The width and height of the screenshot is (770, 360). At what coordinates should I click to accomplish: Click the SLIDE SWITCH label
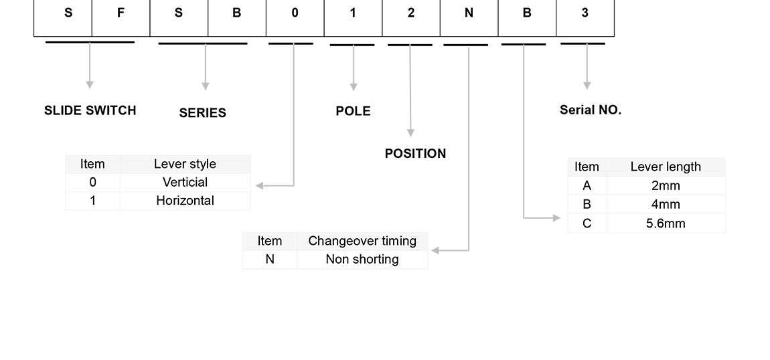[x=90, y=110]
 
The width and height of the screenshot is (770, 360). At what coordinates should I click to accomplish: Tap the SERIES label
[x=202, y=113]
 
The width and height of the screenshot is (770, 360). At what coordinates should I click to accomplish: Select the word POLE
[x=353, y=111]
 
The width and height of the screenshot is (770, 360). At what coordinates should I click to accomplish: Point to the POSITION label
[x=415, y=153]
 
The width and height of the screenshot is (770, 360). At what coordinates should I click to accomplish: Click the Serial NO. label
[x=591, y=110]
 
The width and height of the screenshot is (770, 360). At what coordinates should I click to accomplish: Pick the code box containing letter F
[x=121, y=13]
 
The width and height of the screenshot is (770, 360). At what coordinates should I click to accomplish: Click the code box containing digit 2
[x=411, y=13]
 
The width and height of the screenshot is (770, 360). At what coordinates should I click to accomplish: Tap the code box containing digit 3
[x=585, y=13]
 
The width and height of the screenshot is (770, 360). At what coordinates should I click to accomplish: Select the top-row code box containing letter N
[x=469, y=13]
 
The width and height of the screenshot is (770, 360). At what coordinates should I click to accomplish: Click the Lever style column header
[x=185, y=164]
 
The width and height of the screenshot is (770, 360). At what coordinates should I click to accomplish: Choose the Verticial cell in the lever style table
[x=185, y=182]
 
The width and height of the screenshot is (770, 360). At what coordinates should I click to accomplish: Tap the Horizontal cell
[x=185, y=200]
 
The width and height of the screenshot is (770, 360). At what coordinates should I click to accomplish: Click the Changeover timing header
[x=362, y=241]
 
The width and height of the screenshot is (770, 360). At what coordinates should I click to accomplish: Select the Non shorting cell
[x=362, y=259]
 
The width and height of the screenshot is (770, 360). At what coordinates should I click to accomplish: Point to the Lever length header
[x=666, y=167]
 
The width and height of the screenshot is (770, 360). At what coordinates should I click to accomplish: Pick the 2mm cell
[x=666, y=185]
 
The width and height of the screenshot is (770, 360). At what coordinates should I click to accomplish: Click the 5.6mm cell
[x=666, y=223]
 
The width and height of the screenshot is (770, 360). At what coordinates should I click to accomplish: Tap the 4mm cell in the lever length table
[x=666, y=204]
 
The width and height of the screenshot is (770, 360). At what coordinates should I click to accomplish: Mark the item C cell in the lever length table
[x=587, y=223]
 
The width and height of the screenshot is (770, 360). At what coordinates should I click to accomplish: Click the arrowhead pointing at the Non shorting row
[x=435, y=251]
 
